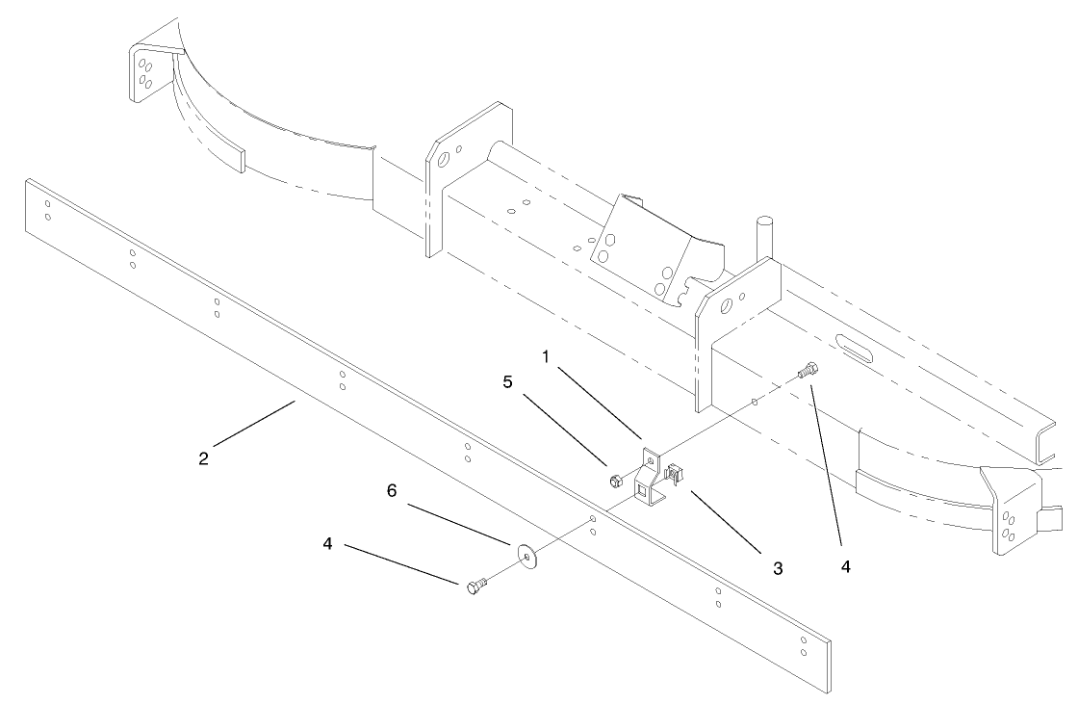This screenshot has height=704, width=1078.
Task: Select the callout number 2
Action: point(203,457)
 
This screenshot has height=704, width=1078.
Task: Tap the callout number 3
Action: point(778,568)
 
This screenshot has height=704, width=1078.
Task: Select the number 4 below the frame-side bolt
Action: point(845,567)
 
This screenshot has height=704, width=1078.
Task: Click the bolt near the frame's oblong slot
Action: point(809,369)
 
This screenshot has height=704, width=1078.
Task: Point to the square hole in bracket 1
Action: point(642,491)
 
